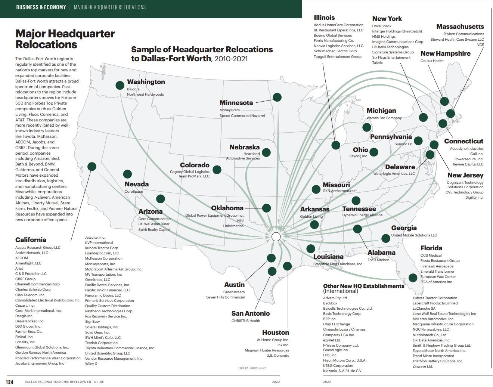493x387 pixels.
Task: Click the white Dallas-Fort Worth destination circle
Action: [276, 236]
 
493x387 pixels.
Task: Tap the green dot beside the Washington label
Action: [120, 85]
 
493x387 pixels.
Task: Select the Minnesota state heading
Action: [236, 103]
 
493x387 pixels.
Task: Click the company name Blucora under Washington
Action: [133, 89]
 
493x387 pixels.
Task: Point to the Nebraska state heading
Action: [244, 147]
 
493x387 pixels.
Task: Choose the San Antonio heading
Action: [250, 313]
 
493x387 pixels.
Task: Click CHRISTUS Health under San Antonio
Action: [246, 321]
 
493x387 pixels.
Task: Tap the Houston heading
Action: [275, 332]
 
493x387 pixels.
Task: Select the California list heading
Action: [31, 240]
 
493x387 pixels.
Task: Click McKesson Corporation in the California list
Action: [103, 258]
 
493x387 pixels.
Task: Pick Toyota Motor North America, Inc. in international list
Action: [439, 351]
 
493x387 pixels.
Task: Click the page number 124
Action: [10, 382]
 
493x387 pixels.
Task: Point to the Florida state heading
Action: [431, 248]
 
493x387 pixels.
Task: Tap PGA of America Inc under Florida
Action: [436, 282]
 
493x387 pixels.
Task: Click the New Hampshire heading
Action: [445, 53]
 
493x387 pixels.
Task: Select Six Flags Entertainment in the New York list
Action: [391, 58]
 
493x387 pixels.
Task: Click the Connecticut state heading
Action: [463, 141]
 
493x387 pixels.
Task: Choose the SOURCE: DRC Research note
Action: [252, 368]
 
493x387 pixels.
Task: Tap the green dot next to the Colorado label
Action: [217, 170]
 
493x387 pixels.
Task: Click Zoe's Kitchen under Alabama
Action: [378, 260]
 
